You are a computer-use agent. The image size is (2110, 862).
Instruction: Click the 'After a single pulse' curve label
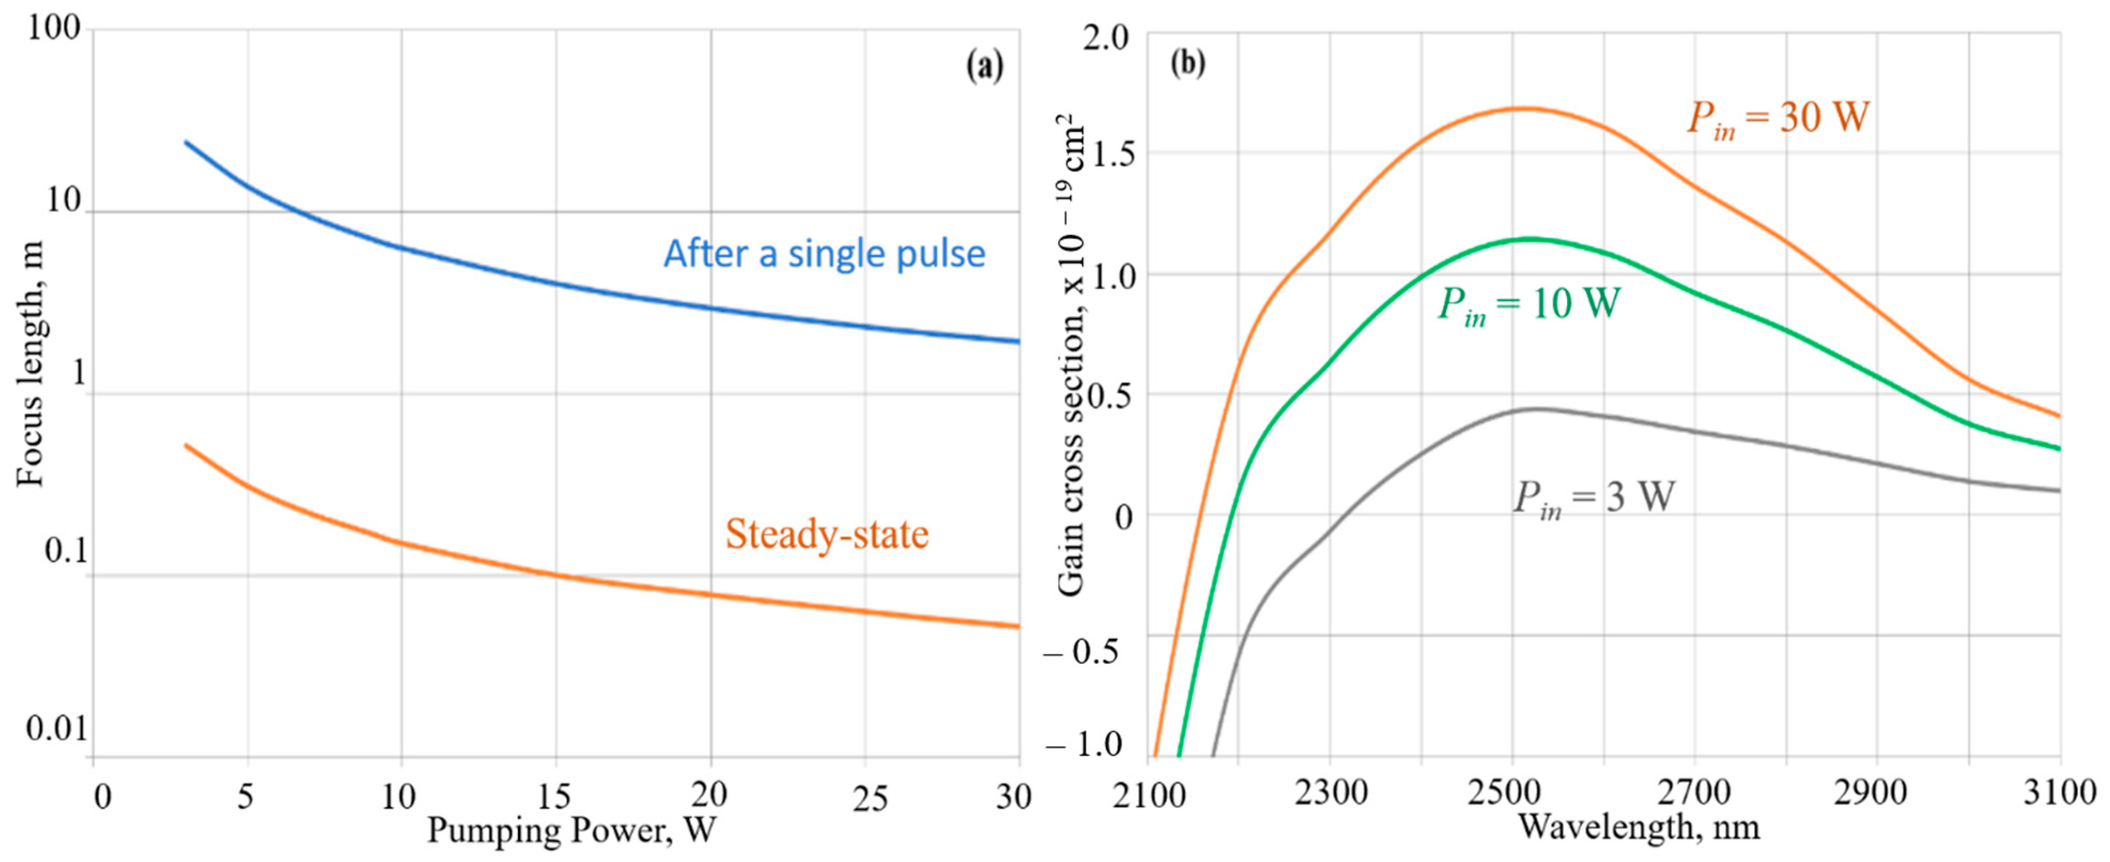pos(824,254)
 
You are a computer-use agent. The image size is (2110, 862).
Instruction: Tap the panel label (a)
pos(984,65)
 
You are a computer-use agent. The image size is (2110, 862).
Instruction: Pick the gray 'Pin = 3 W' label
pos(1593,497)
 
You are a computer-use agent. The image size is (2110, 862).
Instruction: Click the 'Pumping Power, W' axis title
pos(571,831)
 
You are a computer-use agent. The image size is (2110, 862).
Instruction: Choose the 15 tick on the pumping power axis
pos(555,795)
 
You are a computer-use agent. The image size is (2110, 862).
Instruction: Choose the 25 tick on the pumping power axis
pos(869,797)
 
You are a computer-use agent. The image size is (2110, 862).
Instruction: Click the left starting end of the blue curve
pos(186,142)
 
